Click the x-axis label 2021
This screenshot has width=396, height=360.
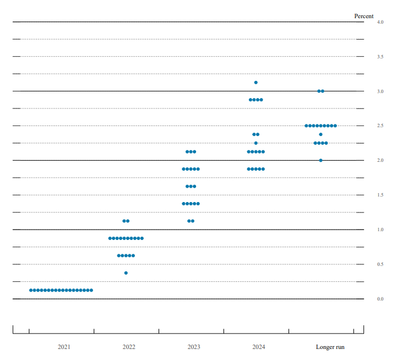(x=64, y=347)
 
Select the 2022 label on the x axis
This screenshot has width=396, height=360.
(x=129, y=347)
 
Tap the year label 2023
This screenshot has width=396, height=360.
(x=194, y=347)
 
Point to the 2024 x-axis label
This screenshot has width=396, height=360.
(x=259, y=347)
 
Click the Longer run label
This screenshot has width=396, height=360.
(x=330, y=347)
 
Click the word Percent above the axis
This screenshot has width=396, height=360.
(x=364, y=16)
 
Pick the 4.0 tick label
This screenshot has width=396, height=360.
(x=380, y=22)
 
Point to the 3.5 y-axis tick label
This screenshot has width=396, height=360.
(x=380, y=57)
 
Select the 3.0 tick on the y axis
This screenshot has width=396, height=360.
(x=380, y=91)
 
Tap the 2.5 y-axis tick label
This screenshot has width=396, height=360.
(x=380, y=126)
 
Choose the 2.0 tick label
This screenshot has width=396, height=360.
(x=380, y=160)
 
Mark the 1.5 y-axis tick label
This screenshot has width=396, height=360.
(x=380, y=195)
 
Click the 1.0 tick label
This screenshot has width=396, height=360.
(x=380, y=230)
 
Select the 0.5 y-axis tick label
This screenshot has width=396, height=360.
(x=380, y=264)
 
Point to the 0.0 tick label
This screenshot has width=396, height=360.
(x=380, y=299)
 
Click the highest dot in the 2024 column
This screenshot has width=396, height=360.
(x=256, y=83)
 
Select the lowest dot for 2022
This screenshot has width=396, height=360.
(x=126, y=273)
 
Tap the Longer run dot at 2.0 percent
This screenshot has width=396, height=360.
(x=321, y=160)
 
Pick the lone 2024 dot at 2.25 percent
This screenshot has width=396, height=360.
(x=256, y=143)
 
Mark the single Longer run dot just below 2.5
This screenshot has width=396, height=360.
(x=321, y=134)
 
